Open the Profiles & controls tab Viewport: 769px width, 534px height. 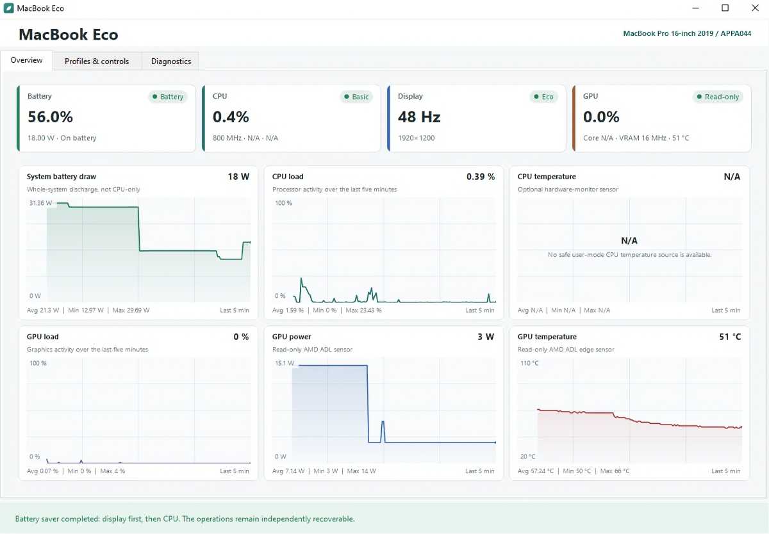click(x=97, y=61)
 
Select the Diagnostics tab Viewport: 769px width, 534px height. click(x=171, y=61)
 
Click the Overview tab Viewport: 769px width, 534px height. click(x=26, y=60)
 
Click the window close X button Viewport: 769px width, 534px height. click(x=755, y=8)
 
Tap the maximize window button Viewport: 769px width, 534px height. click(x=725, y=8)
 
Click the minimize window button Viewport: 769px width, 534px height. click(x=695, y=8)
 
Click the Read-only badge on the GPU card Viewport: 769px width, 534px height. click(x=718, y=97)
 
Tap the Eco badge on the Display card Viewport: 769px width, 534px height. click(x=544, y=97)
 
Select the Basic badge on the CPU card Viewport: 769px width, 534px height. click(x=356, y=97)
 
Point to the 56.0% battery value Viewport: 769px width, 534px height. click(x=50, y=117)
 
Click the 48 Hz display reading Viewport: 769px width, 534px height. click(x=419, y=117)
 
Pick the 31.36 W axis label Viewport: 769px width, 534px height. click(x=41, y=203)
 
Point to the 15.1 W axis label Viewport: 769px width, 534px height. click(x=285, y=363)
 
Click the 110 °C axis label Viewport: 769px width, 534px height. click(x=529, y=363)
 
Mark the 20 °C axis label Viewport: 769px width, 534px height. click(x=527, y=457)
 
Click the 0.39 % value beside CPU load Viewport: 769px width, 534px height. click(x=480, y=177)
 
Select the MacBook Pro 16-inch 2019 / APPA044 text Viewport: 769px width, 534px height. click(x=687, y=33)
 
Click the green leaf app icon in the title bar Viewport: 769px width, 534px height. click(x=8, y=8)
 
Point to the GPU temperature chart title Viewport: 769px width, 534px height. click(x=547, y=337)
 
